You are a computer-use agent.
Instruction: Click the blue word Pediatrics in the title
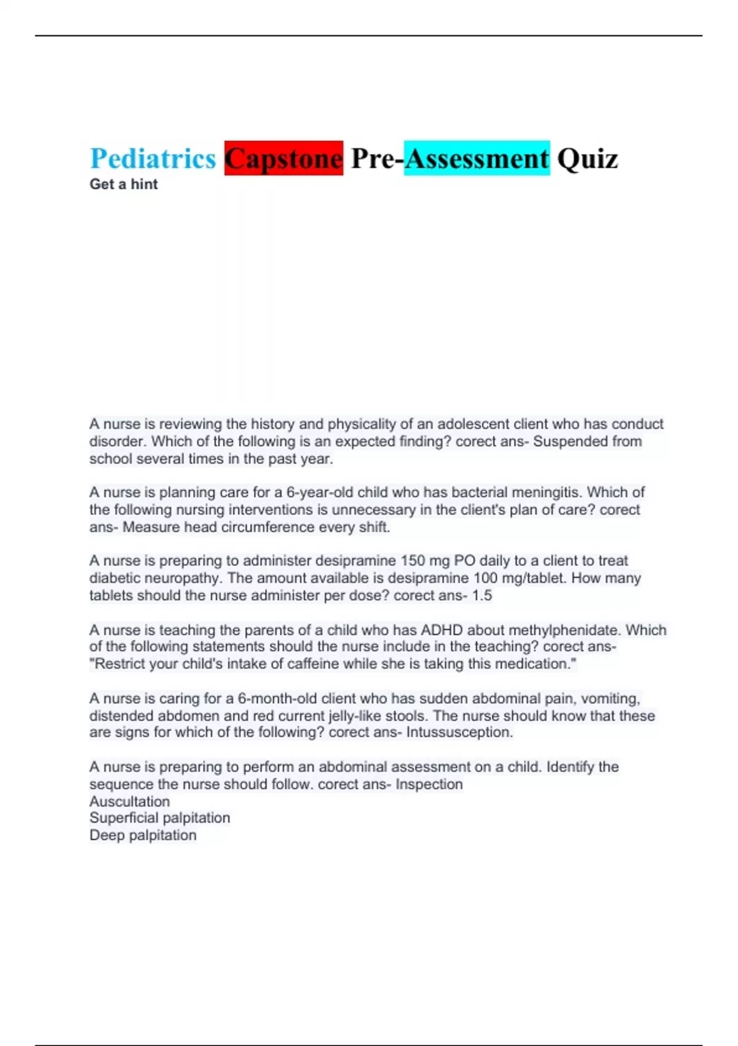click(153, 159)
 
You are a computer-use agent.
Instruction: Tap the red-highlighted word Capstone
click(284, 159)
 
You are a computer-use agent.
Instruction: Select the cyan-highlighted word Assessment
click(477, 159)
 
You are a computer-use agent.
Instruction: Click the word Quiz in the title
click(587, 159)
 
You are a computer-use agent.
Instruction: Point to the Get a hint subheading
click(124, 184)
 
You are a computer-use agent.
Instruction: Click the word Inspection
click(429, 784)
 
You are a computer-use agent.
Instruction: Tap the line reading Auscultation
click(129, 801)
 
